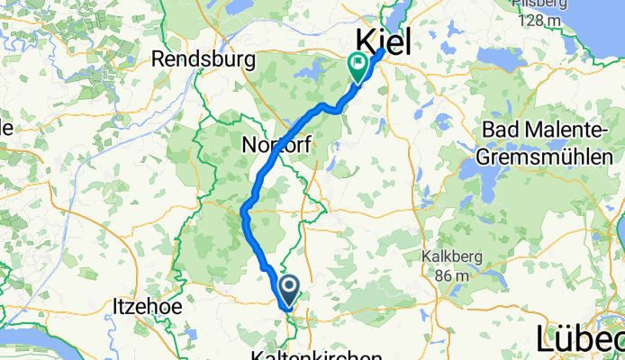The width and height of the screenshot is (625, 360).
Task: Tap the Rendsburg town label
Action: click(x=204, y=59)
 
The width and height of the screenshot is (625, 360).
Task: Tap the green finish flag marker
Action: click(x=358, y=64)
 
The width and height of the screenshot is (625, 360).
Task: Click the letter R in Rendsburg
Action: click(x=159, y=59)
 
